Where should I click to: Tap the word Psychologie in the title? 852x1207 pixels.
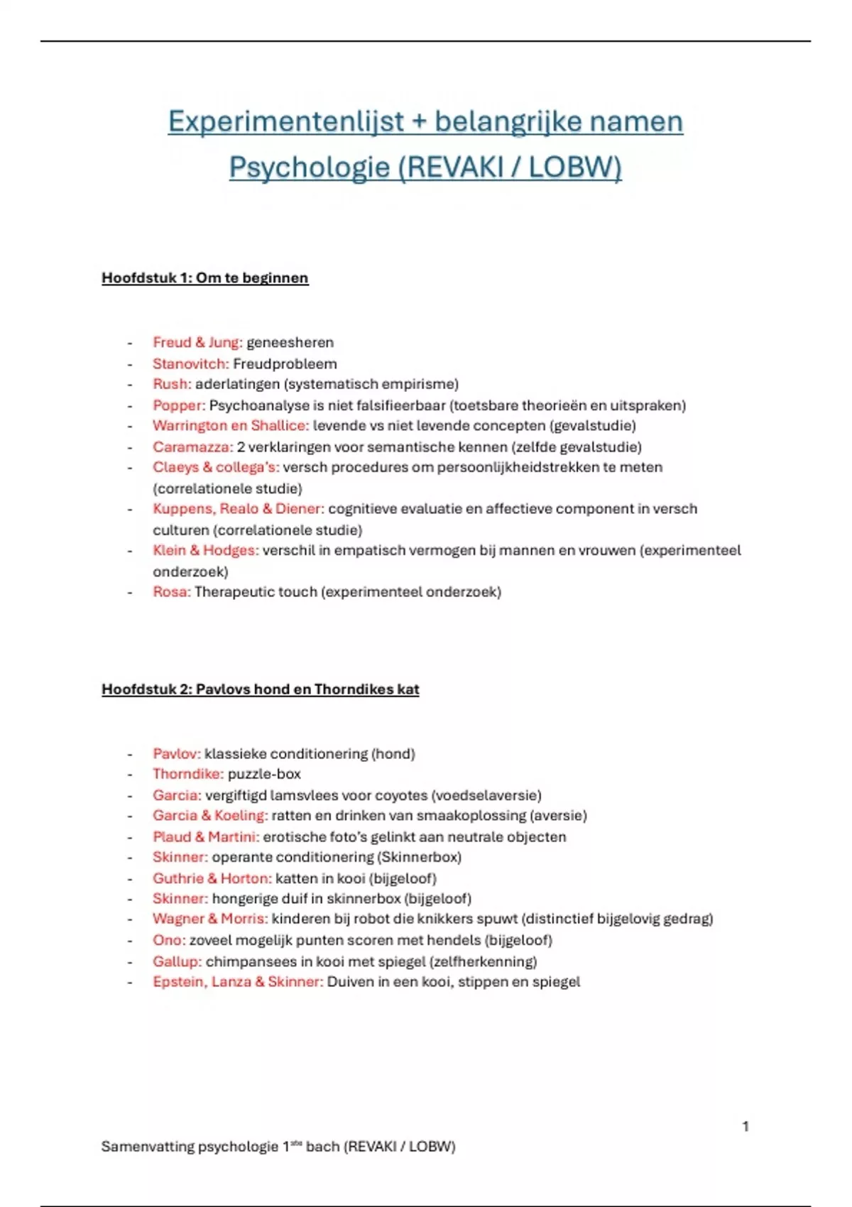(x=310, y=168)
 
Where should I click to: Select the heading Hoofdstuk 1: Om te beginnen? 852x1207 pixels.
(x=204, y=278)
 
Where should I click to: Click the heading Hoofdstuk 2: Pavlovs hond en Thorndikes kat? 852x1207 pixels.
(x=260, y=689)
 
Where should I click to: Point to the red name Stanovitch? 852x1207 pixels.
(x=190, y=364)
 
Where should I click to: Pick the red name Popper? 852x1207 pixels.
(x=178, y=405)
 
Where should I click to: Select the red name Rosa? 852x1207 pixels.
(x=171, y=591)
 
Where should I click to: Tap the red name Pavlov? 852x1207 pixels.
(x=176, y=753)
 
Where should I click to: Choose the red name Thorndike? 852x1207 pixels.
(x=187, y=774)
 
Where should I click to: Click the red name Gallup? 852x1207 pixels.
(x=177, y=961)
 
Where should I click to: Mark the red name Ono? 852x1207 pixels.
(x=168, y=940)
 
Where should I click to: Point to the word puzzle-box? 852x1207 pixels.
(x=264, y=774)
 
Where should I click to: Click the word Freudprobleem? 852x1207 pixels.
(x=285, y=364)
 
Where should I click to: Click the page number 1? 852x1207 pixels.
(x=745, y=1126)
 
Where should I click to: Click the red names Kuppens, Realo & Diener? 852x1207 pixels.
(x=238, y=508)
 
